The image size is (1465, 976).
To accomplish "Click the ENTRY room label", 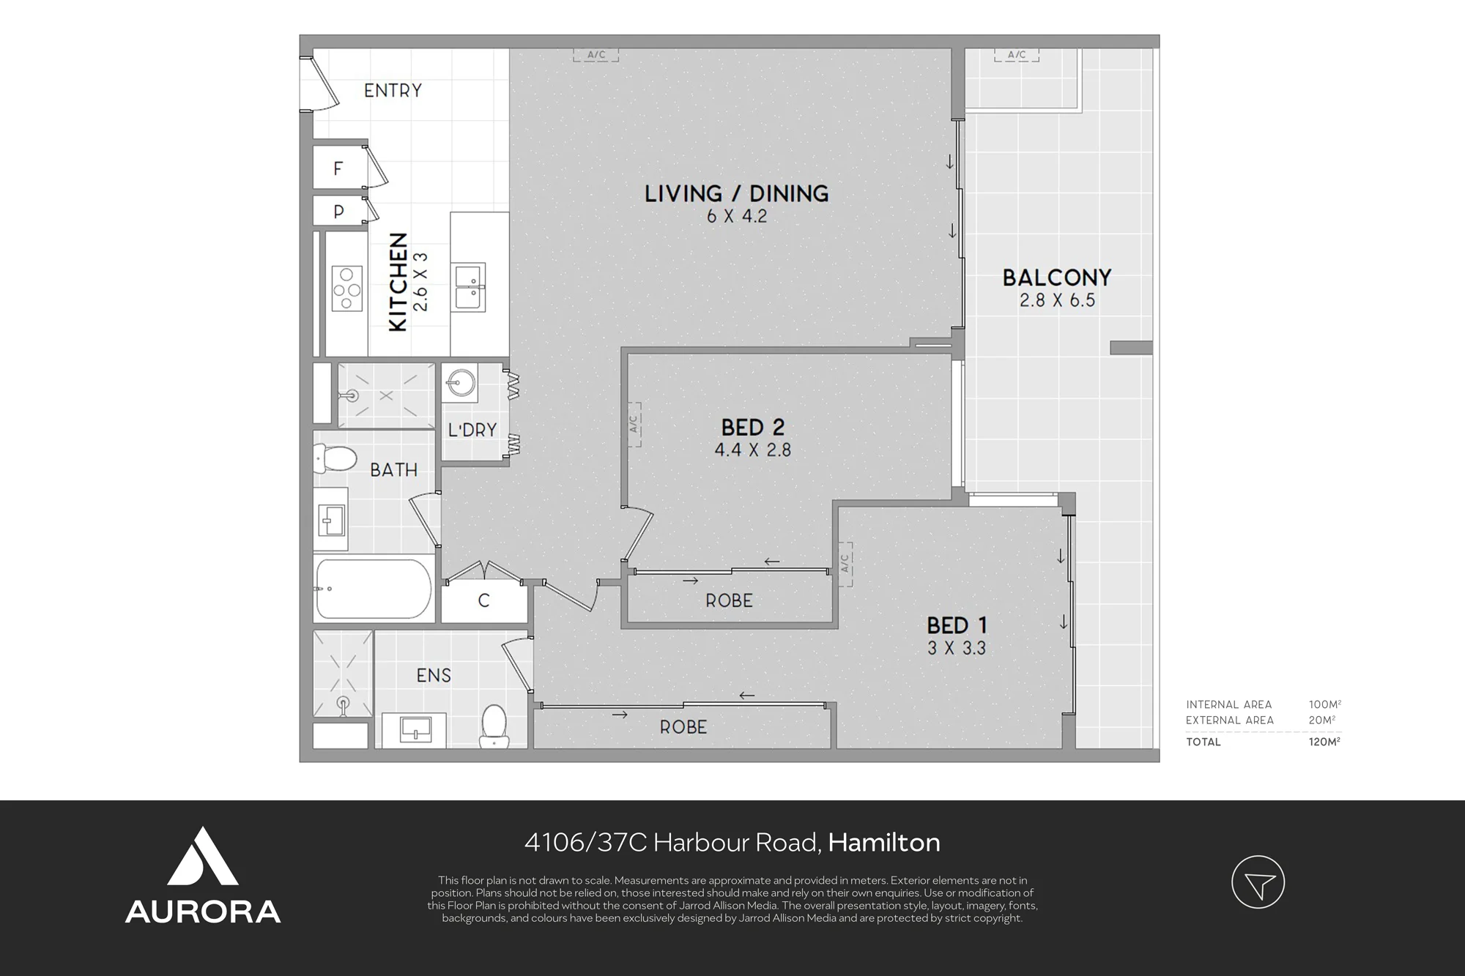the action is coord(393,91).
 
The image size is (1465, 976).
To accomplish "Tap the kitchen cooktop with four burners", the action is coord(347,290).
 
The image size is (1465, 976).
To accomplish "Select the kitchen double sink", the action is coord(467,287).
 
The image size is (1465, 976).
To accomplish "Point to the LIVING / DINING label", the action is coord(736,193).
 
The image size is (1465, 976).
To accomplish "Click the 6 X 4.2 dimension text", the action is coord(736,217).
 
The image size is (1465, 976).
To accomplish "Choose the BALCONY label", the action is coord(1057,277).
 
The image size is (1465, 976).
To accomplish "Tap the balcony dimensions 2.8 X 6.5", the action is coord(1057,300).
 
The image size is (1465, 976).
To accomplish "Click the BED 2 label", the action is coord(753,427).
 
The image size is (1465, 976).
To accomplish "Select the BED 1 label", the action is coord(957,625).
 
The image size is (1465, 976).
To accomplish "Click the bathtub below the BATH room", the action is coord(373,589).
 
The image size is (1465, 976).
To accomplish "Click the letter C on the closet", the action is coord(483,601).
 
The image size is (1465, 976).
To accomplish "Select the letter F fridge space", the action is coord(338,168).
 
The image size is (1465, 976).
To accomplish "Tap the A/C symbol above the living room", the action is coord(596,54).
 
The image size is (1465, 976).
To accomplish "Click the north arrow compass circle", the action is coord(1258,882).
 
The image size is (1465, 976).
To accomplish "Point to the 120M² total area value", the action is coord(1324,742).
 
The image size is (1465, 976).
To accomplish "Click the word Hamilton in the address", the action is coord(884,843).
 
